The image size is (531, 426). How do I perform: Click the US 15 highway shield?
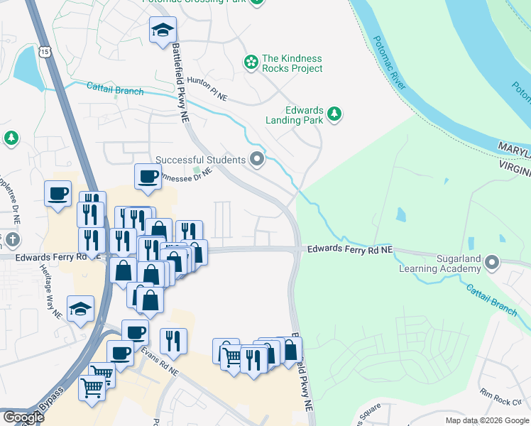(x=45, y=51)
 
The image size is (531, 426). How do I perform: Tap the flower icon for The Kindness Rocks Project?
(x=251, y=63)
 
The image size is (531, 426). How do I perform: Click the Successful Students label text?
(x=201, y=160)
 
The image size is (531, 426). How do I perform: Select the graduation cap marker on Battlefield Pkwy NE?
(x=163, y=30)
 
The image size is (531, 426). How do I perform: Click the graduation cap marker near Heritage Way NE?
(x=80, y=309)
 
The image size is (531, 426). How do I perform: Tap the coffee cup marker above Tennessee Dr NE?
(x=148, y=176)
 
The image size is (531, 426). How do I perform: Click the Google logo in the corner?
(x=23, y=417)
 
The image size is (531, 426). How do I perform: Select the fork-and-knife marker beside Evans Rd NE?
(x=173, y=341)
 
